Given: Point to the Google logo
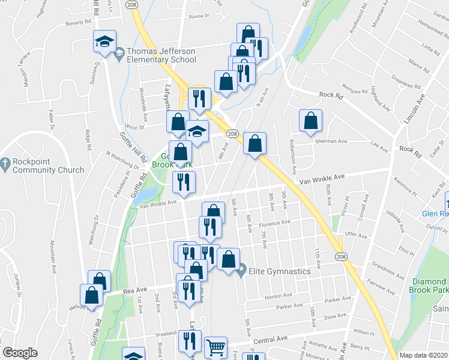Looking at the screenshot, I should click(x=20, y=353).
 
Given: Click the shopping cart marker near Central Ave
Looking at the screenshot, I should click(x=215, y=347).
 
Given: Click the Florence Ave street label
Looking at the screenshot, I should click(x=275, y=225).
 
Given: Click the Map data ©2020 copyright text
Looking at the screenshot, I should click(x=422, y=355).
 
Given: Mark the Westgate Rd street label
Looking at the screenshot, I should click(x=353, y=91).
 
